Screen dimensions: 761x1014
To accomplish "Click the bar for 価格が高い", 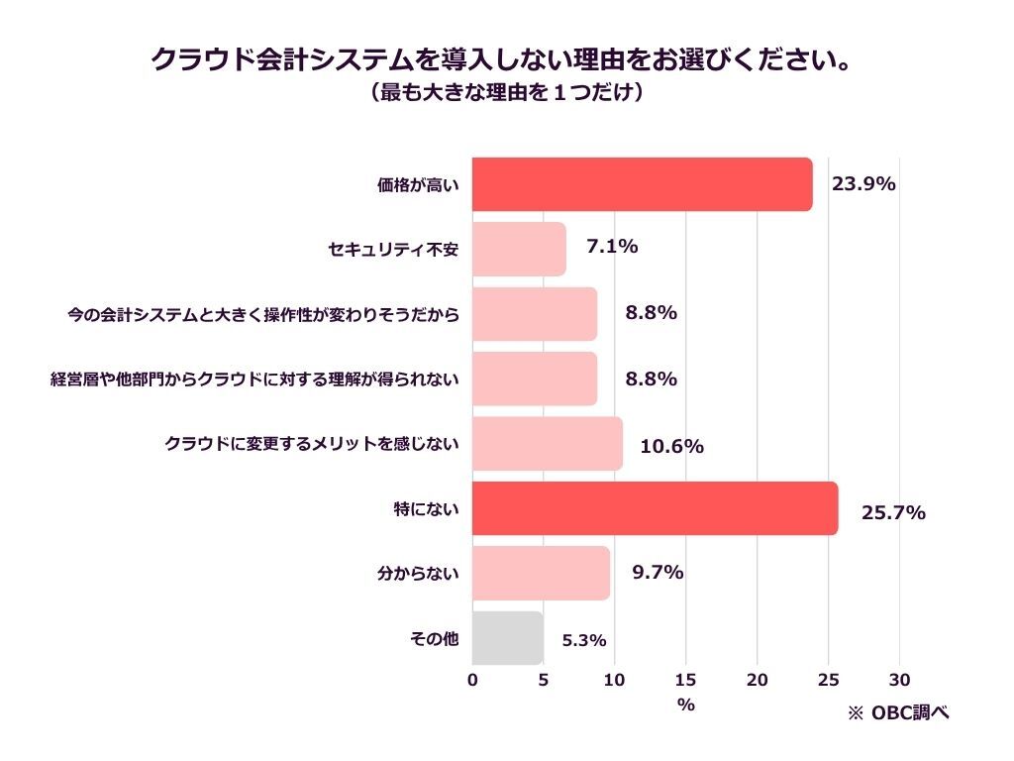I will click(x=642, y=184).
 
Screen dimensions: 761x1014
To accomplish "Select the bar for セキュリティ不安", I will click(x=519, y=249).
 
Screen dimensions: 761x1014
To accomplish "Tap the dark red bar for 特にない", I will click(x=655, y=508).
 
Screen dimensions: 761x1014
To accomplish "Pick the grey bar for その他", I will click(x=507, y=638).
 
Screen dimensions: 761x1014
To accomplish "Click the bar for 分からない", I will click(x=541, y=573).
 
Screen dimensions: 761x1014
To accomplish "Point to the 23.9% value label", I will click(x=863, y=183).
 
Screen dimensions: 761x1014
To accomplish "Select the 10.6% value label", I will click(x=671, y=447).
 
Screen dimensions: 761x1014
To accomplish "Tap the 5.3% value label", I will click(x=583, y=640).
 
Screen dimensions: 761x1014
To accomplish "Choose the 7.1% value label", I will click(x=612, y=247).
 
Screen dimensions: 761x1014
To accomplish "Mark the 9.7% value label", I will click(x=658, y=572).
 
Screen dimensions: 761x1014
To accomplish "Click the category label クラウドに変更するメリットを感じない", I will click(x=312, y=444).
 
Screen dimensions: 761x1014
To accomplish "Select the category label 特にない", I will click(x=427, y=509).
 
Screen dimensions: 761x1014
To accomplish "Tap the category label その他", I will click(x=434, y=639).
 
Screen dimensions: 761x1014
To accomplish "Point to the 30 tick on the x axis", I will click(x=899, y=680).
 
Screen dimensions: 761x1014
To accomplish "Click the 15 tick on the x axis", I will click(x=685, y=680).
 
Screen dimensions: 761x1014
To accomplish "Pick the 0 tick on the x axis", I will click(x=472, y=680).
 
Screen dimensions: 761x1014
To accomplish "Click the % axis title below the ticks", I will click(x=685, y=705).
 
